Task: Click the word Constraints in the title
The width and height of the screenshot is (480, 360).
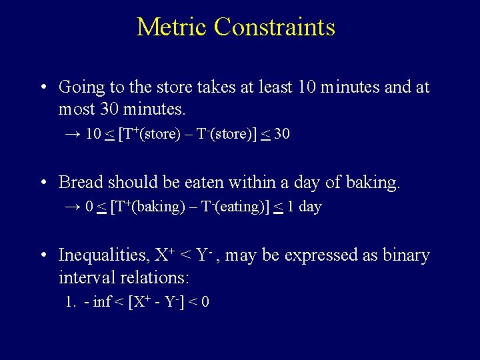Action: [275, 27]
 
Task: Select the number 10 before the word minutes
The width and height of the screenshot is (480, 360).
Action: [306, 87]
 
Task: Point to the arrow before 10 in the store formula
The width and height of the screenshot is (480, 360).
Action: [73, 134]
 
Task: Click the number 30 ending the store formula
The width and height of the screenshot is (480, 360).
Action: [281, 134]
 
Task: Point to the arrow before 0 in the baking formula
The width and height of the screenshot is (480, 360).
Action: [73, 207]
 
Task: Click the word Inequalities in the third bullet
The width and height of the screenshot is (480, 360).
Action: [103, 255]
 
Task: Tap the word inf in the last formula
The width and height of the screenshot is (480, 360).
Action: [102, 302]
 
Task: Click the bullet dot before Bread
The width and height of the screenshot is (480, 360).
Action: [43, 182]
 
